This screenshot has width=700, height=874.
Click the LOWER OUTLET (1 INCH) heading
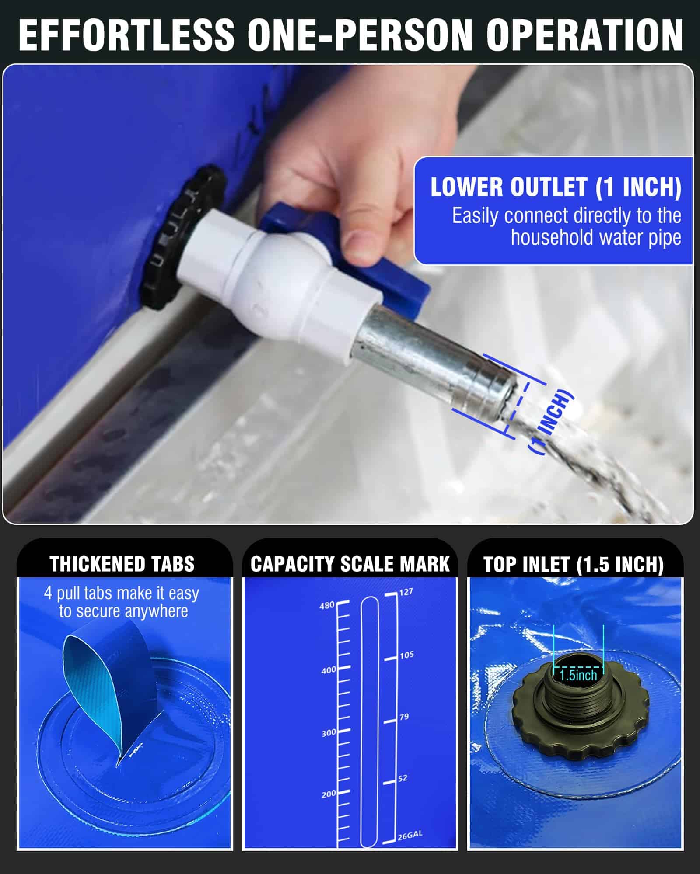pyautogui.click(x=556, y=187)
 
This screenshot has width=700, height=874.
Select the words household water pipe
pyautogui.click(x=596, y=237)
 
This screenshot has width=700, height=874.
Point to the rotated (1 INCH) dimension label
pyautogui.click(x=550, y=422)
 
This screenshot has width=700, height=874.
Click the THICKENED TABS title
pyautogui.click(x=122, y=564)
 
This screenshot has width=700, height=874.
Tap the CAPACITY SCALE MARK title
pyautogui.click(x=350, y=564)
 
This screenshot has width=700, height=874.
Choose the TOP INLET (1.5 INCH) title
pyautogui.click(x=574, y=564)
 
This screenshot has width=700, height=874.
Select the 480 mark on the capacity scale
pyautogui.click(x=327, y=606)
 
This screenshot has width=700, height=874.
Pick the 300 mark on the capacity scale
pyautogui.click(x=329, y=733)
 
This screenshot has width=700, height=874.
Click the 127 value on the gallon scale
pyautogui.click(x=406, y=592)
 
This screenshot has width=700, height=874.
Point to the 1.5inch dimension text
pyautogui.click(x=578, y=675)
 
